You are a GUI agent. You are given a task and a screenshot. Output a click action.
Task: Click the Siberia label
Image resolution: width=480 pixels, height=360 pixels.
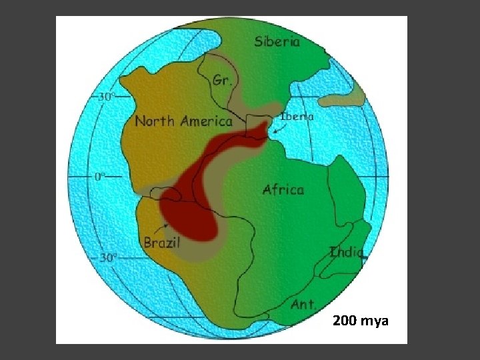277,41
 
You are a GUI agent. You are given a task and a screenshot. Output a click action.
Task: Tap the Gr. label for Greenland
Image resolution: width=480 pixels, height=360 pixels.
221,81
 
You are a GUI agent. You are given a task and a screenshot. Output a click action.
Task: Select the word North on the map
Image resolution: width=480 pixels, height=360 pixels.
155,121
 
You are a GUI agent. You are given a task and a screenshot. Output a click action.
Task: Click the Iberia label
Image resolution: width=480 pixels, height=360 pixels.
297,115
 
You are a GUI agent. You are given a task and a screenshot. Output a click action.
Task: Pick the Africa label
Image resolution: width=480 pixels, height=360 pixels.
283,190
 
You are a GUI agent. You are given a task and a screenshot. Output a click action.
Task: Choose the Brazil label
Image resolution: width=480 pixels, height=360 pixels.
161,243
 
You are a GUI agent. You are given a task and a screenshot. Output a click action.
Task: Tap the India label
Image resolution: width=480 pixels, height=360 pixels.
347,252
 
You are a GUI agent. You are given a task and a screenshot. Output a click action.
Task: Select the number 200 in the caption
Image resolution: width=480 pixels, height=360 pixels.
345,322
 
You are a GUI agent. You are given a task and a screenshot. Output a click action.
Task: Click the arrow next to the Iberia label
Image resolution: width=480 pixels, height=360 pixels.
279,129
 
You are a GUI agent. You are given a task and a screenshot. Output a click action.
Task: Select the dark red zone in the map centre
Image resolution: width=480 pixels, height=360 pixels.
193,200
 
